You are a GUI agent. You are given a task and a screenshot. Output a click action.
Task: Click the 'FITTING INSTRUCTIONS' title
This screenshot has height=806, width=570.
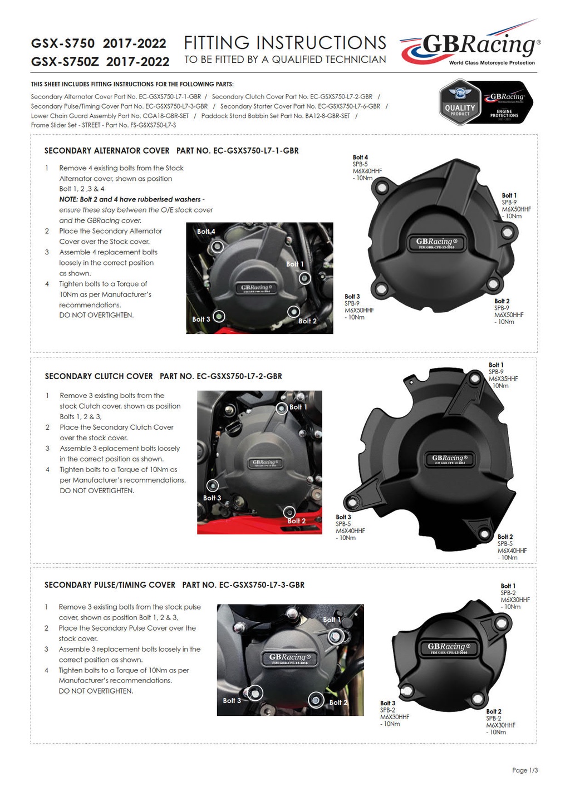click(285, 43)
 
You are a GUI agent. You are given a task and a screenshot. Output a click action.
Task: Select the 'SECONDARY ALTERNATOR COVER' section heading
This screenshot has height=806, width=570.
click(107, 151)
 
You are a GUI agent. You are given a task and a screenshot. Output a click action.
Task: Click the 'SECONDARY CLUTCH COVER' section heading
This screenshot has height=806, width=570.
click(99, 376)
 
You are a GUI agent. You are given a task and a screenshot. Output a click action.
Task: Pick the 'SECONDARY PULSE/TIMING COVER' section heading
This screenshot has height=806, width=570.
click(110, 585)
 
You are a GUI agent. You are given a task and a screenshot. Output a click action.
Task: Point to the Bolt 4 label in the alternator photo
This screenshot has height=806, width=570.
click(205, 232)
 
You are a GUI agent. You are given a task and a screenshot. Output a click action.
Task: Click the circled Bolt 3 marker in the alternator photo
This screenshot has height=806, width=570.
click(219, 316)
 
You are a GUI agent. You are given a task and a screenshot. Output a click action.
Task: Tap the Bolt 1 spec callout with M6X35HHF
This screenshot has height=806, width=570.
click(503, 376)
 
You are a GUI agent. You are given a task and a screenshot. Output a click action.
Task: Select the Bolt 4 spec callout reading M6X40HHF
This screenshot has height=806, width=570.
click(367, 168)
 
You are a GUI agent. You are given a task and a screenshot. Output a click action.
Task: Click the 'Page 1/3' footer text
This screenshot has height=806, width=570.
click(524, 770)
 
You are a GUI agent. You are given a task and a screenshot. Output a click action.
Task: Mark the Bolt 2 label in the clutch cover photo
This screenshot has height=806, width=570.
click(297, 521)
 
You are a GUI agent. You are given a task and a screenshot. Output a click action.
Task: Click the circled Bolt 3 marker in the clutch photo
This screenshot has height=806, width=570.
click(212, 485)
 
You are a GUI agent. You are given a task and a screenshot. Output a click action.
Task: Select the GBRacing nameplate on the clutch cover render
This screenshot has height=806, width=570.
click(453, 459)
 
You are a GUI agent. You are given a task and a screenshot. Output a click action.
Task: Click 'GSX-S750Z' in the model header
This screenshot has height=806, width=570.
click(65, 62)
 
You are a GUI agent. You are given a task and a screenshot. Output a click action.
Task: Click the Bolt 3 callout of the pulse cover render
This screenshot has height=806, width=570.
click(394, 714)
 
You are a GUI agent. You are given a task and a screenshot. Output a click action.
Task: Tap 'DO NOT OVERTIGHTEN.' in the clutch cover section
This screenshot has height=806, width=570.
click(97, 491)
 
